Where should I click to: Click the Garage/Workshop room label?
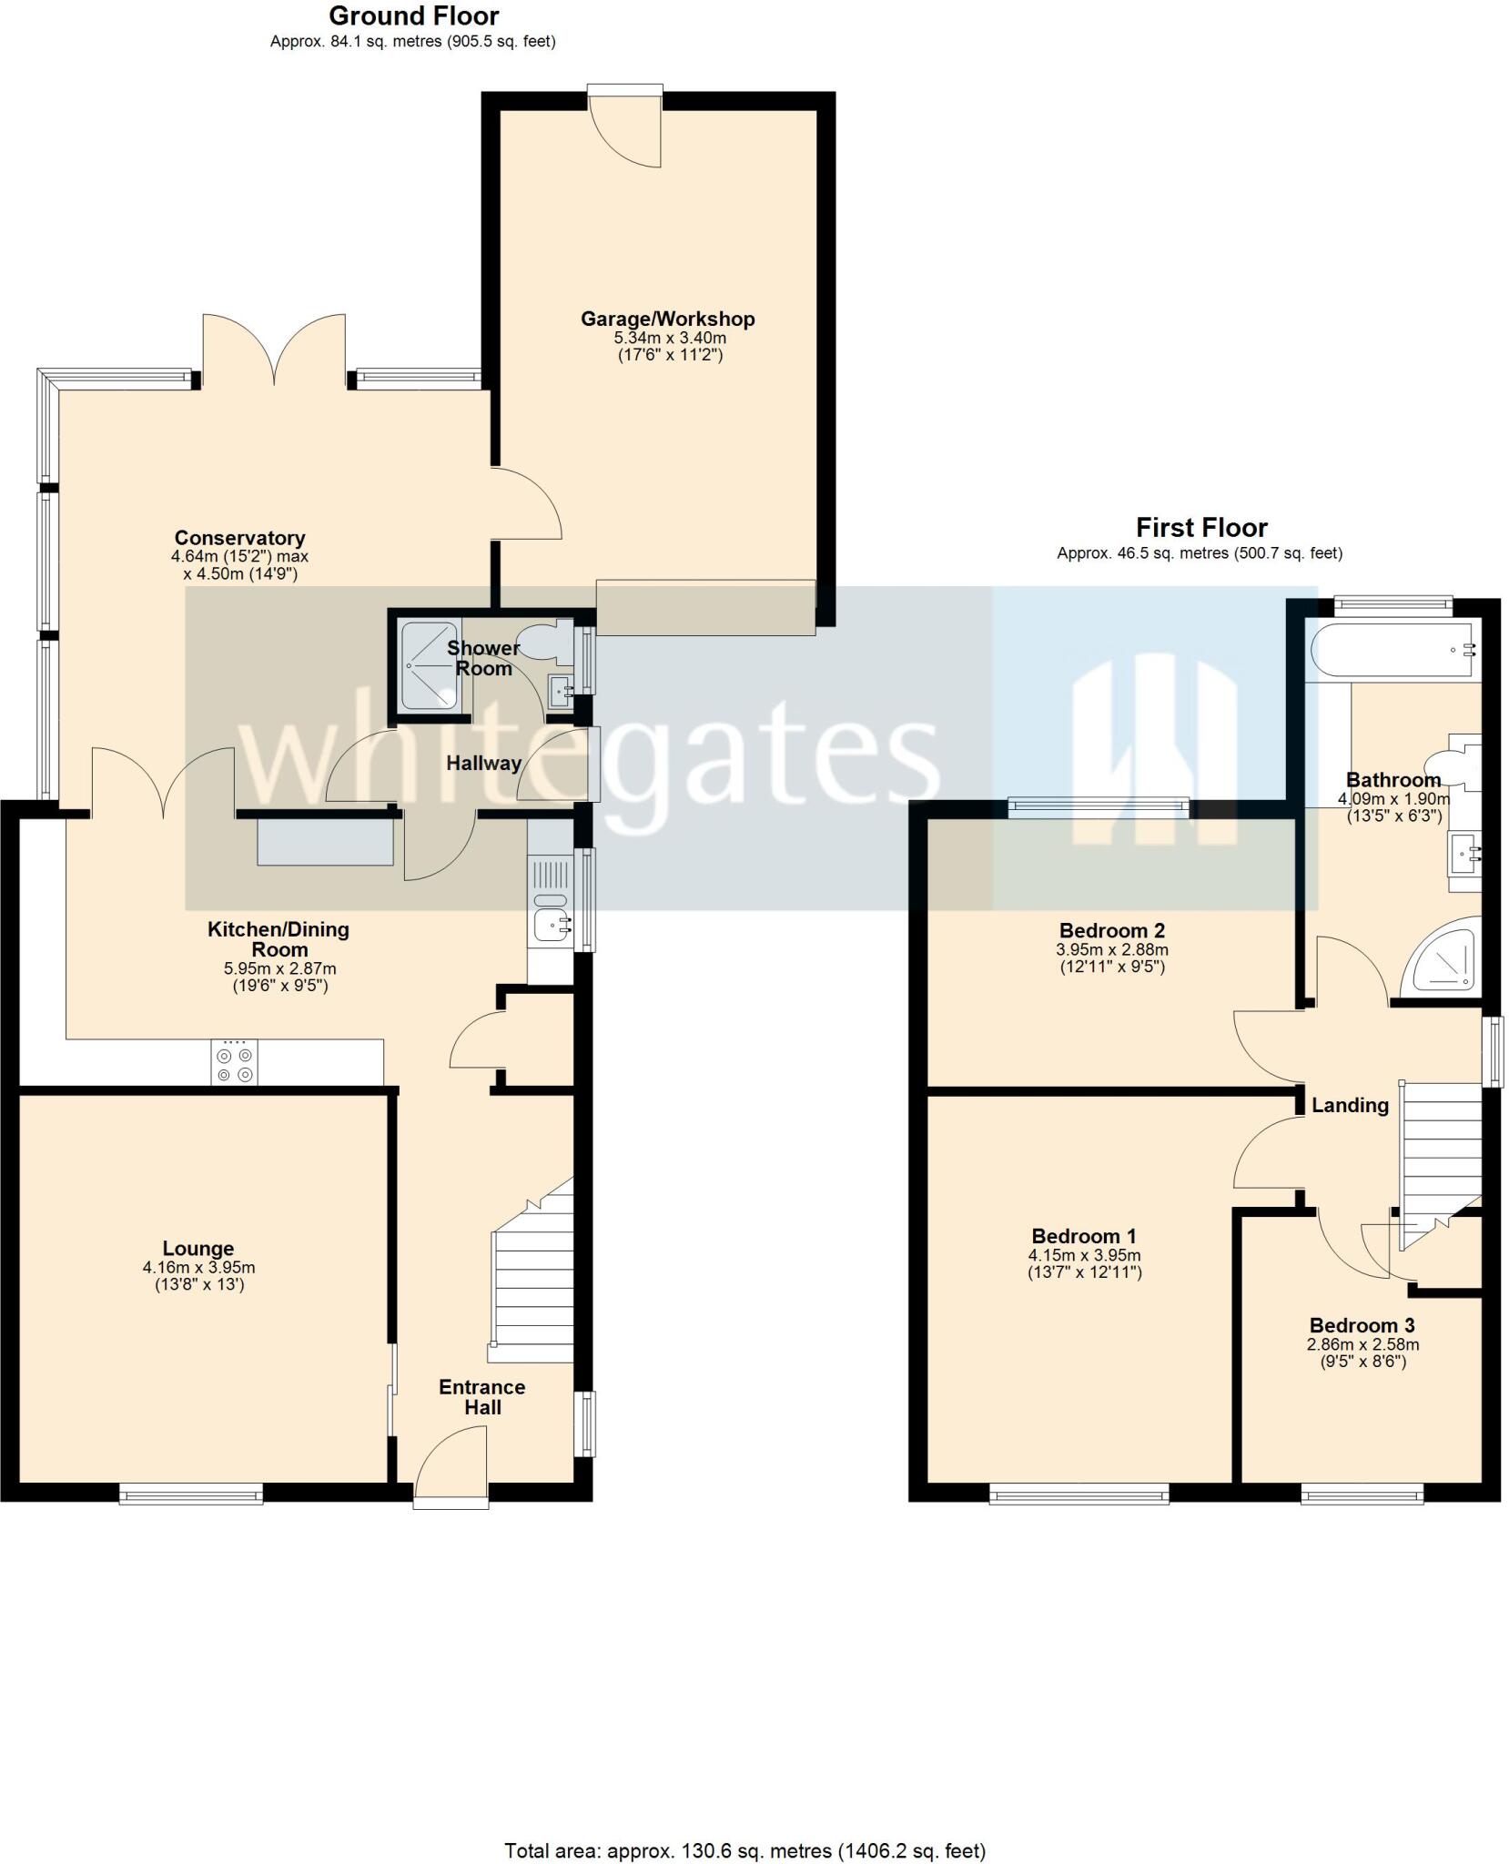(667, 319)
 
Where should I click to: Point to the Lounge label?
(197, 1249)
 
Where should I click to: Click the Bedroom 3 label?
(1362, 1326)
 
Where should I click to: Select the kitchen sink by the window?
(552, 925)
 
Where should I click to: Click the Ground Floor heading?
(413, 16)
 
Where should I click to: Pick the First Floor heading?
(1200, 528)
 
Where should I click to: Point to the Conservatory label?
(239, 538)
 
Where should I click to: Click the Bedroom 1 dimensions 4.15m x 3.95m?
(1084, 1256)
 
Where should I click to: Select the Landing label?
(1349, 1105)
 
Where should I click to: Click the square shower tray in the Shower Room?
(430, 664)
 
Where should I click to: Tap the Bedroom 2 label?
(1111, 931)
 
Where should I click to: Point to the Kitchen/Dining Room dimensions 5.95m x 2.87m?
(279, 968)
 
